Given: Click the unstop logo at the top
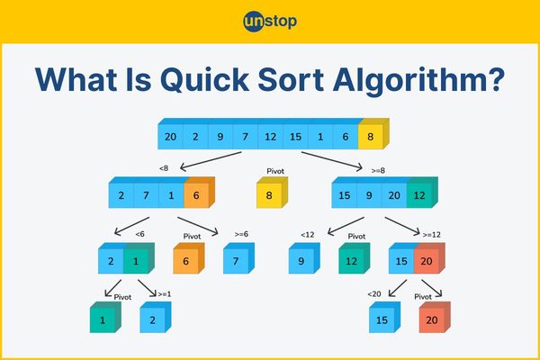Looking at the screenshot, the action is coord(270,22).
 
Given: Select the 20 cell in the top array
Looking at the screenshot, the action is coord(170,137).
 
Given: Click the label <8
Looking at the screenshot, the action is coord(164,168).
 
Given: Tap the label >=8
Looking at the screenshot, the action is coord(378,170).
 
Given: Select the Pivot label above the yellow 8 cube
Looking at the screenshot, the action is coord(275,171).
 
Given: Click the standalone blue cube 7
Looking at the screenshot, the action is coord(238,258).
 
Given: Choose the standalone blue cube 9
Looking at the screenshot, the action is coord(304,258).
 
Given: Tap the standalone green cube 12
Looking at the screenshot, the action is coord(354,258).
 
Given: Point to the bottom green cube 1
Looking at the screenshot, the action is coord(105,318).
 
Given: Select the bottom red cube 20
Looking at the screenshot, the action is coord(435,318).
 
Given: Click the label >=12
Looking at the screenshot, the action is coord(431,235).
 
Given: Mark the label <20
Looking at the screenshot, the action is coord(374,294).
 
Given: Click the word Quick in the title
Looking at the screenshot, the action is coord(204,80).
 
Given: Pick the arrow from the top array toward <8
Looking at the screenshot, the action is coord(211,161).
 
